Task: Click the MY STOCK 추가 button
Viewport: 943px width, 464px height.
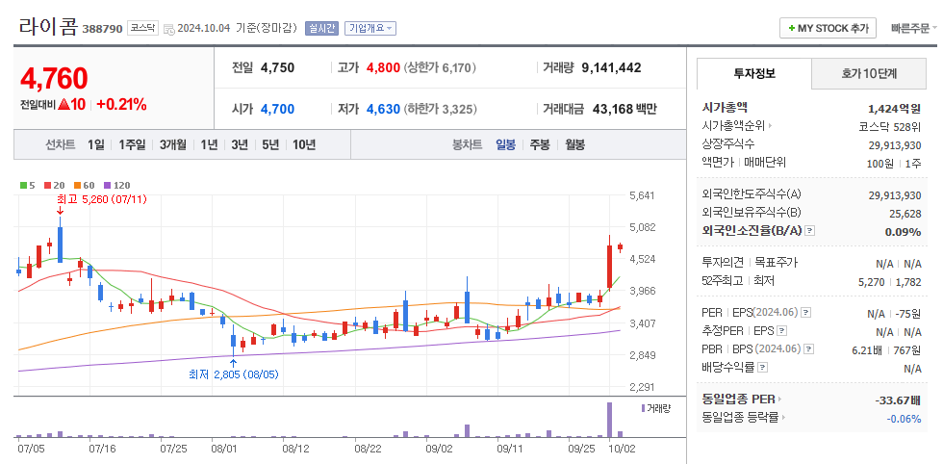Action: pyautogui.click(x=828, y=28)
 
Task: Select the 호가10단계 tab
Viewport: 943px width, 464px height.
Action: pyautogui.click(x=869, y=73)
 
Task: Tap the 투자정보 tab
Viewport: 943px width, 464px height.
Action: pyautogui.click(x=753, y=73)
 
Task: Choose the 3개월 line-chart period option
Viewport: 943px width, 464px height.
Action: pyautogui.click(x=173, y=144)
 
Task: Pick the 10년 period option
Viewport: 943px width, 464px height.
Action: pyautogui.click(x=303, y=144)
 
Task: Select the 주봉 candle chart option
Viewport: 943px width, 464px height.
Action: pyautogui.click(x=540, y=144)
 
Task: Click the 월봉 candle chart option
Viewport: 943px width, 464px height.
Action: pyautogui.click(x=574, y=144)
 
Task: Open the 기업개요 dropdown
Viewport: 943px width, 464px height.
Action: pyautogui.click(x=370, y=29)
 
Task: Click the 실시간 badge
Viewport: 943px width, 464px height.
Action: pyautogui.click(x=321, y=29)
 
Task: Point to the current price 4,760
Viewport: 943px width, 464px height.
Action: pyautogui.click(x=54, y=78)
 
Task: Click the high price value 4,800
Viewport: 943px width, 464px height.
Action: pyautogui.click(x=383, y=67)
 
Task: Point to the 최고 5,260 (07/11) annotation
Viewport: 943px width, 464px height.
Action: pyautogui.click(x=101, y=198)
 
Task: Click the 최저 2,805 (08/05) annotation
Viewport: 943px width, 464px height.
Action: pyautogui.click(x=233, y=374)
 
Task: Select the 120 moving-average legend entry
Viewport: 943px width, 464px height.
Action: pyautogui.click(x=117, y=185)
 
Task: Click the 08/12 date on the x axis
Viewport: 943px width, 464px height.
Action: pyautogui.click(x=295, y=448)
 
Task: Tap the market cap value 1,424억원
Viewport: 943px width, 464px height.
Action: pyautogui.click(x=894, y=108)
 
